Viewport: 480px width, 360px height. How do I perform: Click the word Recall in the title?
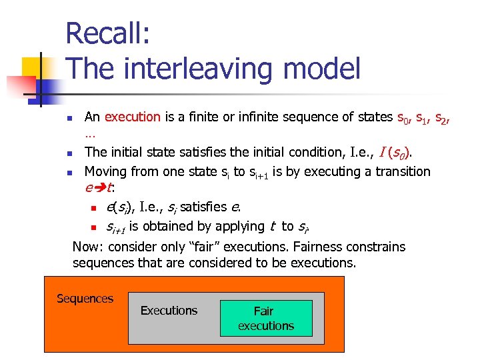(x=108, y=33)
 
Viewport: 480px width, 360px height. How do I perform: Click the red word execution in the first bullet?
(x=132, y=117)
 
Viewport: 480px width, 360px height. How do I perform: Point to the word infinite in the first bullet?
(x=242, y=117)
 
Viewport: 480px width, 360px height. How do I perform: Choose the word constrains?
(x=374, y=247)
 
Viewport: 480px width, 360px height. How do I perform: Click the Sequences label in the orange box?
(x=85, y=299)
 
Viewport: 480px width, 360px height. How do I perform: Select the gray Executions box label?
(x=169, y=311)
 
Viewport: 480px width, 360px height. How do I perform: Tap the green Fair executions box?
(x=265, y=318)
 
